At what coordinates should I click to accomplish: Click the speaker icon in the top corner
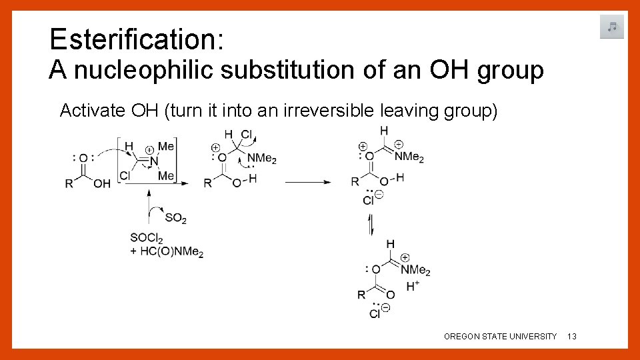(611, 27)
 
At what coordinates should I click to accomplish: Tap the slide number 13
(571, 337)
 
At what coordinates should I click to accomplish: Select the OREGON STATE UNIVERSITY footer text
(500, 337)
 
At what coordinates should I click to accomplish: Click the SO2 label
(175, 219)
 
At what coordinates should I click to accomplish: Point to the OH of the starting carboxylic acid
(102, 184)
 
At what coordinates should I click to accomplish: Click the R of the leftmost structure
(69, 184)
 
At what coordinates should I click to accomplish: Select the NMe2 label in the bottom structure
(417, 271)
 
